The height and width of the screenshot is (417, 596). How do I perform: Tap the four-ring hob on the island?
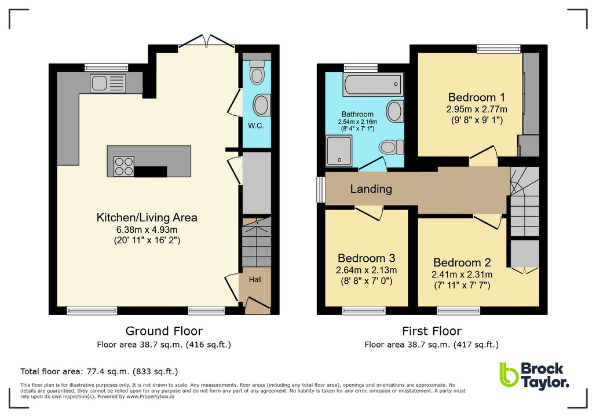click(x=123, y=166)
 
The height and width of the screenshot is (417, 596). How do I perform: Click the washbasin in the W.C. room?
click(x=261, y=106)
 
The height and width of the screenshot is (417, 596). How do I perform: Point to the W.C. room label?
click(x=256, y=126)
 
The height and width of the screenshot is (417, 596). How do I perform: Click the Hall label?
click(x=255, y=280)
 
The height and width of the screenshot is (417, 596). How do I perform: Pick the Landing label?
click(x=371, y=189)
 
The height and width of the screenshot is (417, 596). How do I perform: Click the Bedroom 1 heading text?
click(x=472, y=97)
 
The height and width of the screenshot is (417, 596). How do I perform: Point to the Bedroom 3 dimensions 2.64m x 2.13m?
click(x=365, y=270)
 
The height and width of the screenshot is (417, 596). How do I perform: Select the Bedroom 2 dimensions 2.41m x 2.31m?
click(x=461, y=275)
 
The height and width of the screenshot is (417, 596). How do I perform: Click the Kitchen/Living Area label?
click(x=147, y=218)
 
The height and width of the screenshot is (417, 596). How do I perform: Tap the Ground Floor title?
click(x=164, y=331)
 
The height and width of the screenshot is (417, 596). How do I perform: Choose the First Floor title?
click(x=432, y=331)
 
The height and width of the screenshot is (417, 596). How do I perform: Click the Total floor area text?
click(x=99, y=371)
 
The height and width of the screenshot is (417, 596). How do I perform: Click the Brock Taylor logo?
click(x=534, y=375)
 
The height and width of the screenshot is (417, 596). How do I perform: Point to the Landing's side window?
click(x=320, y=190)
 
